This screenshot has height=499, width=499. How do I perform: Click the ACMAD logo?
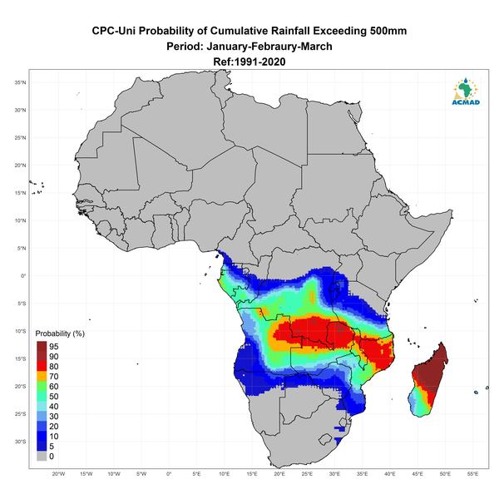click(466, 91)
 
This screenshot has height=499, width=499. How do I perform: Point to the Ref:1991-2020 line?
click(249, 62)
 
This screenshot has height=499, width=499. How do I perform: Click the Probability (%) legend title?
click(60, 333)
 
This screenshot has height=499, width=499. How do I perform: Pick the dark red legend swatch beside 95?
click(42, 346)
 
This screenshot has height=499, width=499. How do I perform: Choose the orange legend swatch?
click(42, 376)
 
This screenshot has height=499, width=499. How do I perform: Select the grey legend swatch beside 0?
click(42, 456)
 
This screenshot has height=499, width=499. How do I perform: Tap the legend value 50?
click(54, 396)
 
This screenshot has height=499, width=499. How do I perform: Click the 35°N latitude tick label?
click(20, 82)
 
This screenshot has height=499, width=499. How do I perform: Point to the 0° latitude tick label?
click(23, 276)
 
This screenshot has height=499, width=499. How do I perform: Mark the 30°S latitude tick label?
click(20, 442)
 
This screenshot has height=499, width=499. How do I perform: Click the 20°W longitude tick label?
click(58, 474)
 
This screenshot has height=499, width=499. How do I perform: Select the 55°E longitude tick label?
click(473, 474)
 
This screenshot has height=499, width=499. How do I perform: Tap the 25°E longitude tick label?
click(307, 474)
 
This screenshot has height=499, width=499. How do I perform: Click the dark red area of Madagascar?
click(432, 369)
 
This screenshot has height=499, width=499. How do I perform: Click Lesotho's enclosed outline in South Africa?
click(325, 440)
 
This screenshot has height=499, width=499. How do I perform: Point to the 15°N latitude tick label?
click(20, 193)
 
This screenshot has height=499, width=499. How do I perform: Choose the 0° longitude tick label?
click(169, 474)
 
